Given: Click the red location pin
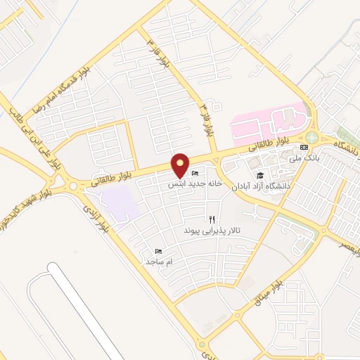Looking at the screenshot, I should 181,165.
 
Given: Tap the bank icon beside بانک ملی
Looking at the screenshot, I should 304,148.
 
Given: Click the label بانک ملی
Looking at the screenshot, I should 308,159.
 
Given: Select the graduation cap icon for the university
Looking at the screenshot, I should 259,175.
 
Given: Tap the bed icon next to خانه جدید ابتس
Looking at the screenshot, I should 195,173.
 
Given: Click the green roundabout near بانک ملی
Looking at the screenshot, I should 311,137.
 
